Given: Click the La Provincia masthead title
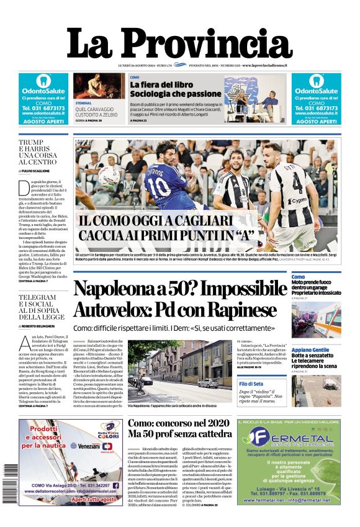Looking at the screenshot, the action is [179, 43].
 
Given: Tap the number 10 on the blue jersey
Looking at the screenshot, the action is [160, 186].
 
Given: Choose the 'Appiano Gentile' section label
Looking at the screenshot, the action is [310, 350].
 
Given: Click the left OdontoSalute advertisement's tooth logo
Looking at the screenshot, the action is [43, 81].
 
